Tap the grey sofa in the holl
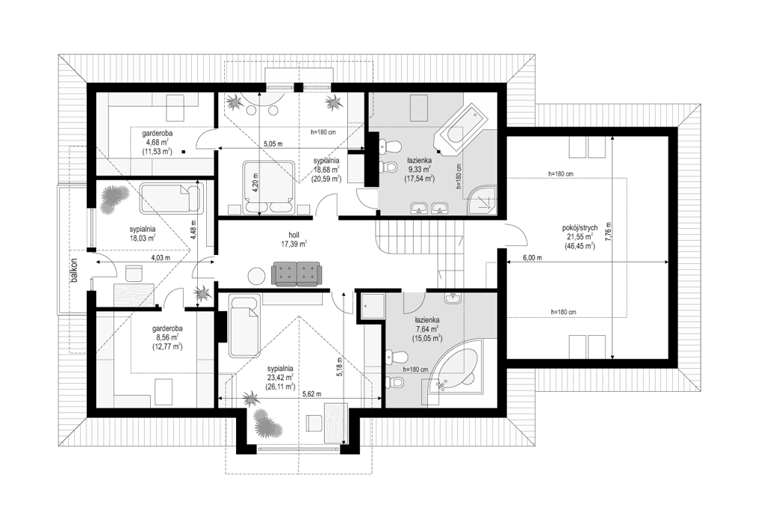point(296,274)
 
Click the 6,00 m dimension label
point(532,258)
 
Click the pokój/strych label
point(580,228)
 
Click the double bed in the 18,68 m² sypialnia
point(269,188)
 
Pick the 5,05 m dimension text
point(273,144)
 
